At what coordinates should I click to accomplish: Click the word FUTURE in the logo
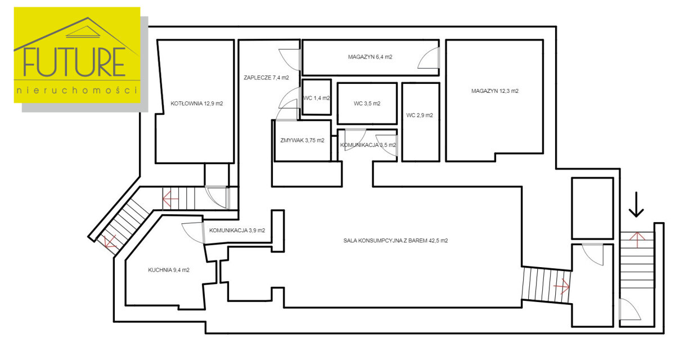74,62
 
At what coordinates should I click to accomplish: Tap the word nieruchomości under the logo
77,90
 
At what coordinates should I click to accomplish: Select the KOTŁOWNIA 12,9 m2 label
197,103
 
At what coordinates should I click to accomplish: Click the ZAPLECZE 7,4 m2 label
267,78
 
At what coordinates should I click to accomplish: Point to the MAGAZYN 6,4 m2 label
370,57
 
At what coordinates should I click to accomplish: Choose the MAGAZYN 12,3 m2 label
495,91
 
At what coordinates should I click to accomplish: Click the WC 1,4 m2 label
317,98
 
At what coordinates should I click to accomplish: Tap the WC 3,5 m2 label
367,103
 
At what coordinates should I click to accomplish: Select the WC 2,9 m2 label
420,115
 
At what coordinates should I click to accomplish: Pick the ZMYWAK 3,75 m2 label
302,141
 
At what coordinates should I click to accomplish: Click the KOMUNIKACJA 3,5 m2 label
368,145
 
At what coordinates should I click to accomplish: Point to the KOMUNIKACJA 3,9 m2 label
237,231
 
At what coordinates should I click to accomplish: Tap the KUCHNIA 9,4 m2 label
169,270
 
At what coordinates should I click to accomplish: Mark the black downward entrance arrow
636,205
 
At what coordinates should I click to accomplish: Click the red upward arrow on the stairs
637,240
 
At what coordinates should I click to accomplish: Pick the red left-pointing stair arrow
170,199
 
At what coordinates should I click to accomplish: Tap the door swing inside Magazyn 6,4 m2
428,58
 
